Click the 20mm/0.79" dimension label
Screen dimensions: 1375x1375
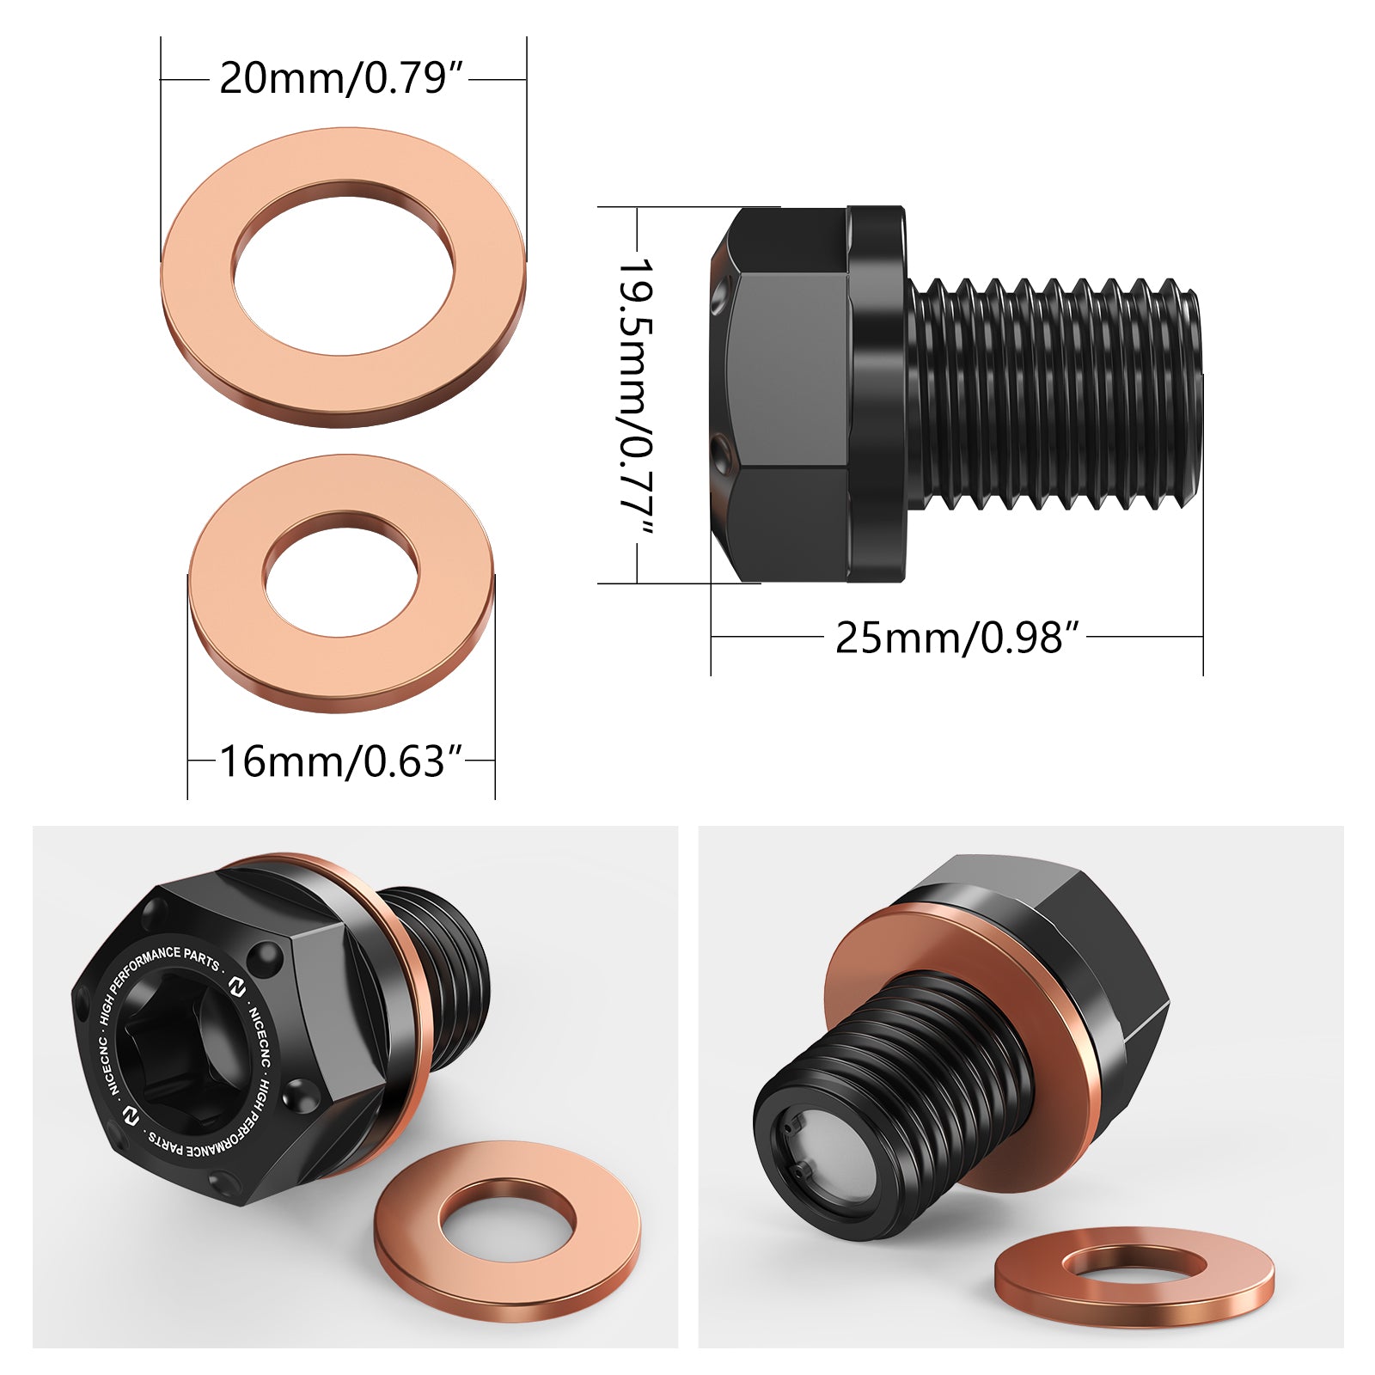[342, 79]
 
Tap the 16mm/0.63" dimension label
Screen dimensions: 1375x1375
[342, 761]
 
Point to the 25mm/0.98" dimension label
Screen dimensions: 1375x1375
[956, 638]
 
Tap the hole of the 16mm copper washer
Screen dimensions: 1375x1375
[342, 576]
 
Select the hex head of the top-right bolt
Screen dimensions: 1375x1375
[780, 395]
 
